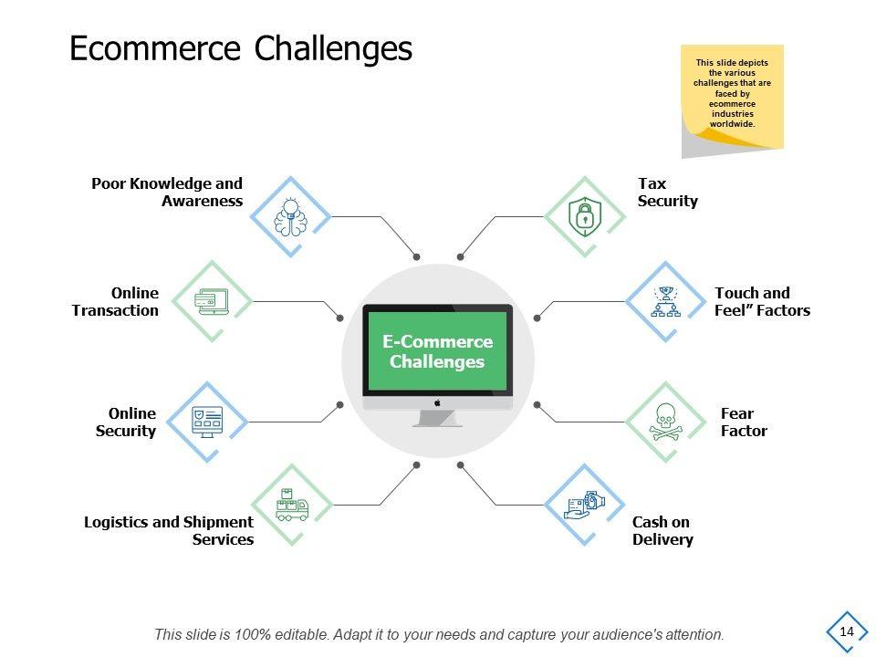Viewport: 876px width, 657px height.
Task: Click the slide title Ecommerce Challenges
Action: click(241, 48)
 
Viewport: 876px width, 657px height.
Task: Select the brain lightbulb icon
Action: click(291, 216)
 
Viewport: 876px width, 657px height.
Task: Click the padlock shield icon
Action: click(584, 216)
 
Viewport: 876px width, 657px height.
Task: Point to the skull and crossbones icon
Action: click(665, 422)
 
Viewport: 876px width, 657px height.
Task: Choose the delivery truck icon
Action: click(291, 505)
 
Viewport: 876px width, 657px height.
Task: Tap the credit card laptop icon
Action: click(211, 301)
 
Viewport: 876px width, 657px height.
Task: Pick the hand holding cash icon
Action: click(584, 505)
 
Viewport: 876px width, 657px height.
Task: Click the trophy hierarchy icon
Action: click(665, 301)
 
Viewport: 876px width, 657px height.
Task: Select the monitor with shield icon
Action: click(208, 422)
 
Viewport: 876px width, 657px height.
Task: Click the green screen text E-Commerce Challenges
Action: click(437, 351)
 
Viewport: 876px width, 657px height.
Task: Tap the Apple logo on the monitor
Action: click(438, 402)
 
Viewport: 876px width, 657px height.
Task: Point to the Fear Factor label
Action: click(744, 422)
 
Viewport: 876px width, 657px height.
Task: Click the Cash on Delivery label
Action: click(662, 530)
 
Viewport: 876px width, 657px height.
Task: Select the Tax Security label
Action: click(667, 193)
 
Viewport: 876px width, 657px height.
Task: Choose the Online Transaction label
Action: click(116, 301)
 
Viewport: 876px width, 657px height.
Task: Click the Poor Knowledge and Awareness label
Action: click(168, 193)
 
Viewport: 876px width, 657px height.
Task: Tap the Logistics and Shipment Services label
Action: click(170, 530)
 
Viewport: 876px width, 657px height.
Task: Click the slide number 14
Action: click(847, 631)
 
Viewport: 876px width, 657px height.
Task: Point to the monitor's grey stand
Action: click(437, 418)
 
